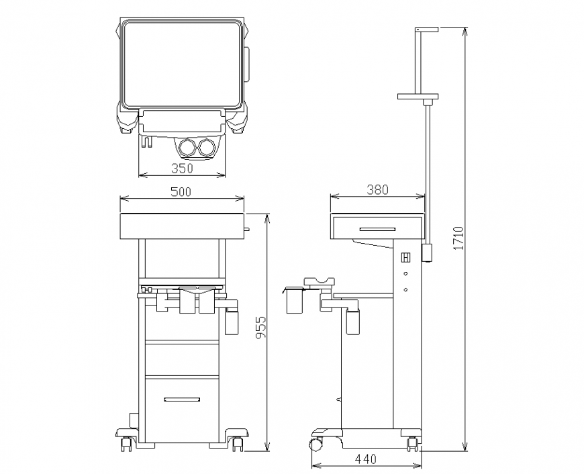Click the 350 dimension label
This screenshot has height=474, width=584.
[182, 168]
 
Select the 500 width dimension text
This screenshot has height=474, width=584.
[181, 192]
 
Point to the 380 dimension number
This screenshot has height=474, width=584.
[377, 190]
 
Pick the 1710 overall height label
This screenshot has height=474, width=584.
[458, 238]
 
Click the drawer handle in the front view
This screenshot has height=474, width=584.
[181, 399]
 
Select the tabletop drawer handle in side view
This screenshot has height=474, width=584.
[377, 229]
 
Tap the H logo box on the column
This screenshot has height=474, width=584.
[405, 258]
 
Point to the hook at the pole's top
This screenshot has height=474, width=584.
[426, 30]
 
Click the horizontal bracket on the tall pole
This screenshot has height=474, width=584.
[418, 97]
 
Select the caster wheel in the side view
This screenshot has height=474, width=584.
[315, 444]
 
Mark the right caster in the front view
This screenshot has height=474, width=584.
[237, 442]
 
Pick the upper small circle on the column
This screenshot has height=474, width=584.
[405, 274]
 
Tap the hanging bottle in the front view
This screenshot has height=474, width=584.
[232, 322]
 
